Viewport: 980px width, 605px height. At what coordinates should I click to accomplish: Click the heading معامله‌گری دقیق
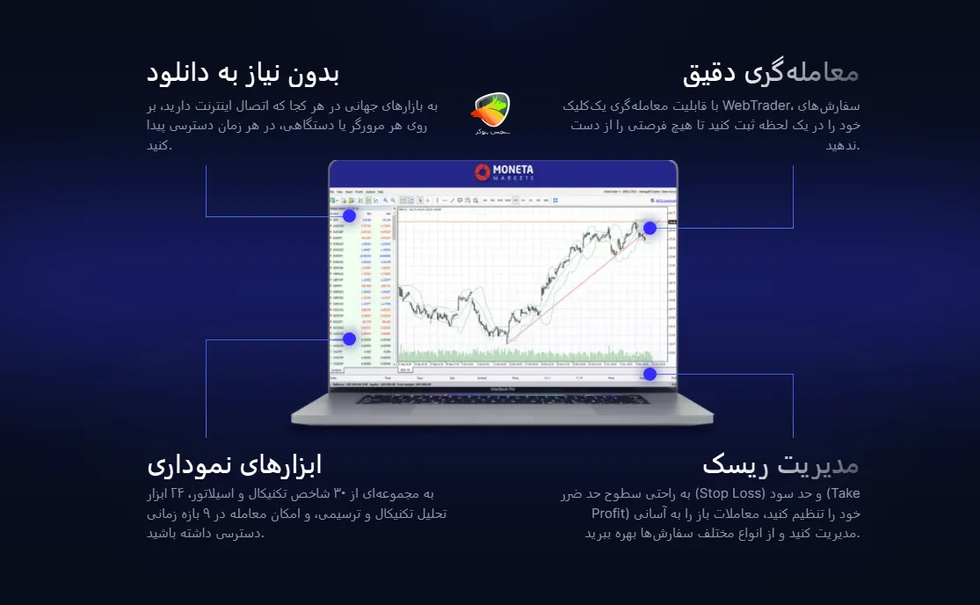pos(770,72)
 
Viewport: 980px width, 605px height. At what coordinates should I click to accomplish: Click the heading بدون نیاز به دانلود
pos(243,72)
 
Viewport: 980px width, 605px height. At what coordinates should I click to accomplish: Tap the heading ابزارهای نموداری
pos(234,463)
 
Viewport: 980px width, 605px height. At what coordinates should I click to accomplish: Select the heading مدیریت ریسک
pos(780,463)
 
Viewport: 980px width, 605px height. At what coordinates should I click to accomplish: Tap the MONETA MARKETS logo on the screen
pos(504,171)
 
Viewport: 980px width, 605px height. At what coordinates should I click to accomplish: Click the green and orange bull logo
pos(490,113)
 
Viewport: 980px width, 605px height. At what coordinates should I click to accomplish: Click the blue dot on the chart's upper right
pos(650,229)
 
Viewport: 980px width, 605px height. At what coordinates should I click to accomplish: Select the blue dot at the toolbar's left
pos(349,215)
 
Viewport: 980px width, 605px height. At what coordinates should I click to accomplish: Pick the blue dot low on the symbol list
pos(349,339)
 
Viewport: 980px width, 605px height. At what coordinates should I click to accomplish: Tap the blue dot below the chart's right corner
pos(650,374)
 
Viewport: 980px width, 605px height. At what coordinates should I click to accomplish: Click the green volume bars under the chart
pos(527,355)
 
